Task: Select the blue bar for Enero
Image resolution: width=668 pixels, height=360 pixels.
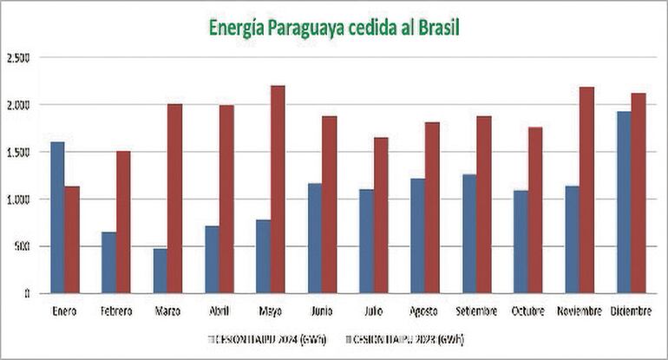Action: click(57, 217)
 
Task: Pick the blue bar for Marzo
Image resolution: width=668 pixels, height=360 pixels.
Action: click(160, 271)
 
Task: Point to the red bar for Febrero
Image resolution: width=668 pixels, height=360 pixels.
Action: click(123, 221)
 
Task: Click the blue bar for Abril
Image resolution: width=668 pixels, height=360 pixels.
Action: click(212, 259)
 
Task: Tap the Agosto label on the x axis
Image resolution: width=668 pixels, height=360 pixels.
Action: click(425, 310)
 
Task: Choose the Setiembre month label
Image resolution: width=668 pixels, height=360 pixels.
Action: click(476, 310)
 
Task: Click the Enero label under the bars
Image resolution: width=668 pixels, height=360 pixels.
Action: click(64, 310)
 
